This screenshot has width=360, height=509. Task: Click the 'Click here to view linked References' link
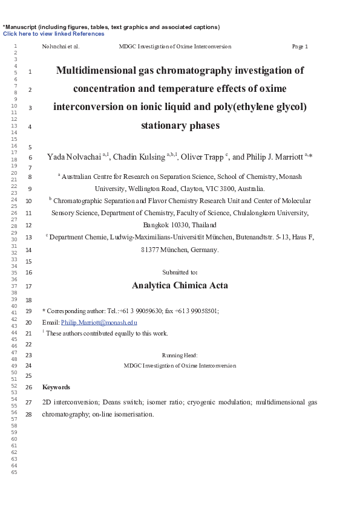(53, 34)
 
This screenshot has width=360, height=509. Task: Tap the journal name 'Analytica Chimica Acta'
(180, 285)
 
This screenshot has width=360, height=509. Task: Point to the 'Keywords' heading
(56, 387)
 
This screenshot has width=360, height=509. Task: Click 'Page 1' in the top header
(299, 47)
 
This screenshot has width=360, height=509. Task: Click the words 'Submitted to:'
(180, 273)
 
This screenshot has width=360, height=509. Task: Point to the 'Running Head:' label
(180, 355)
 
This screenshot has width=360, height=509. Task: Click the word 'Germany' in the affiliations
(205, 249)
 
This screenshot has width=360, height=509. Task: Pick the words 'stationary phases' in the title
(180, 126)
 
